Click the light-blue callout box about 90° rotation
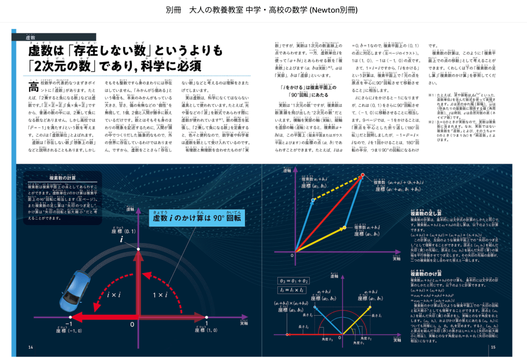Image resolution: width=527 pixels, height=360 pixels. pyautogui.click(x=197, y=218)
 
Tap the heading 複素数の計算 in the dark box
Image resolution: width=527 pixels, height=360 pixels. pyautogui.click(x=60, y=178)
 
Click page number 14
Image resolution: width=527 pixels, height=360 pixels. pyautogui.click(x=31, y=348)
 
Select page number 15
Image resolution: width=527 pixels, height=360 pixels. pyautogui.click(x=493, y=348)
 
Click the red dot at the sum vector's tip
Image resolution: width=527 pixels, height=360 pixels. pyautogui.click(x=363, y=176)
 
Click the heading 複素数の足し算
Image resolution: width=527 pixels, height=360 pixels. pyautogui.click(x=426, y=213)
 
